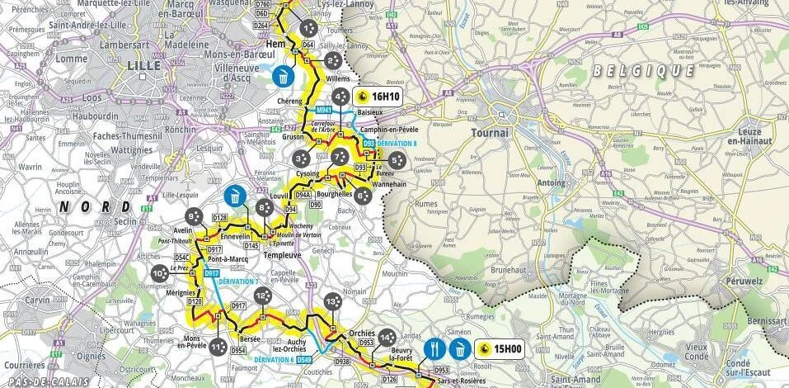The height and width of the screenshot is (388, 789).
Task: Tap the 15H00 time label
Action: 500,349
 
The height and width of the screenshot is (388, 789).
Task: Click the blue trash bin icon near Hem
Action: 283,77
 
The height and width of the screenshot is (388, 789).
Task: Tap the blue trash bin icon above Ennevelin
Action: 235,196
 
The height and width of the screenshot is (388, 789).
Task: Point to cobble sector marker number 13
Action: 331,303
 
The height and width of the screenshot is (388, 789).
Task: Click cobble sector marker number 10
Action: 159,273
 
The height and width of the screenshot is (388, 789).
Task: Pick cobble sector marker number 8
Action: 264,208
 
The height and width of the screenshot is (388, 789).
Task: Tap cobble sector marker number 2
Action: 332,60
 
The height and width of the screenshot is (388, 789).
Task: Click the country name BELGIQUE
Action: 643,71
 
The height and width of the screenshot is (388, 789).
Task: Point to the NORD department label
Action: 99,206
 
